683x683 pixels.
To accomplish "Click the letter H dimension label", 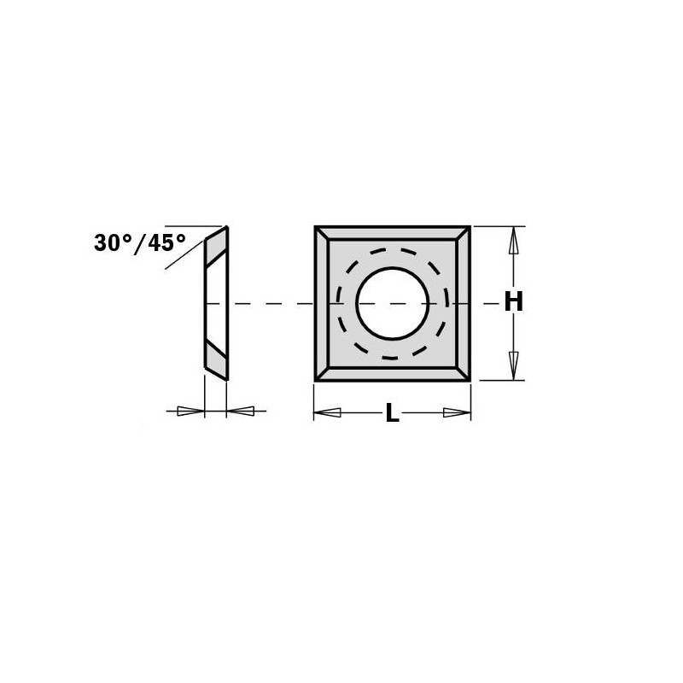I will [x=512, y=303].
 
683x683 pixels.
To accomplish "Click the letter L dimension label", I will [x=392, y=414].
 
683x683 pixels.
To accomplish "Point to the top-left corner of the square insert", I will [x=316, y=228].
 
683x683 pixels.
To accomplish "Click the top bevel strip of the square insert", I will [x=392, y=233].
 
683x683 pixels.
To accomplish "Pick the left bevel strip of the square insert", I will [x=322, y=303].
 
